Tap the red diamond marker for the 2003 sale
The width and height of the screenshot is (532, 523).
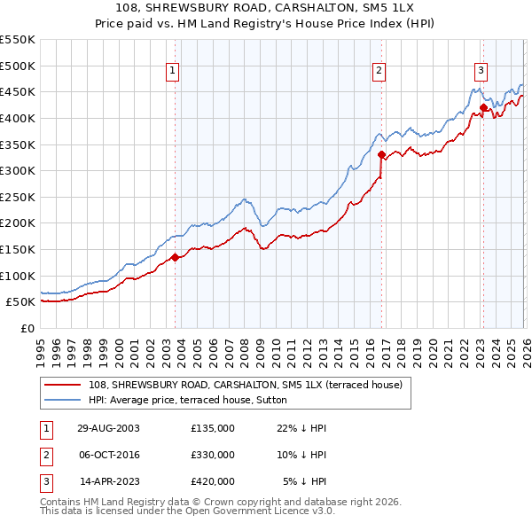point(176,258)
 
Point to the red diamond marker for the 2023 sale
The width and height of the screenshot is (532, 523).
point(483,108)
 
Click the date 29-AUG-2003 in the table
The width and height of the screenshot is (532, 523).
point(108,428)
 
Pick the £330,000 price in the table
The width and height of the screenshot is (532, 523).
point(212,455)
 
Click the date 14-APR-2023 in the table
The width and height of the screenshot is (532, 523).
point(109,481)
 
